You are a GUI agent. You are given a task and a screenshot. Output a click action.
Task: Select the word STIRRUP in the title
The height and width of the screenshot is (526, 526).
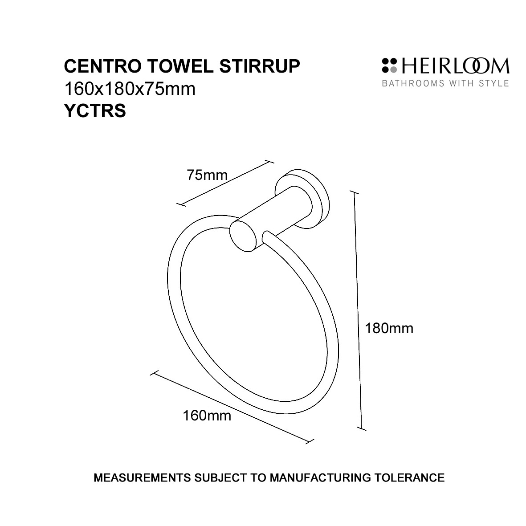point(260,66)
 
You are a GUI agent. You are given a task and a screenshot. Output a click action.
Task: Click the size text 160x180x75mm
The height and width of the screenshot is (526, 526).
point(130,89)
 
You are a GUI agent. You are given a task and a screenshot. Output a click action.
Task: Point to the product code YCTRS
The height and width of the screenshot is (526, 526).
point(95,111)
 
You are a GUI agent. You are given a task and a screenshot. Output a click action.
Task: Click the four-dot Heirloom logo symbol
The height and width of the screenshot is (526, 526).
point(389,65)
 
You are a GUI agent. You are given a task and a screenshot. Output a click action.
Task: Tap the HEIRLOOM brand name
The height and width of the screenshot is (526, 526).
point(455,66)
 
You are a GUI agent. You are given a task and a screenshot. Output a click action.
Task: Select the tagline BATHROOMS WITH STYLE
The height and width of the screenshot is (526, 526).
point(445,83)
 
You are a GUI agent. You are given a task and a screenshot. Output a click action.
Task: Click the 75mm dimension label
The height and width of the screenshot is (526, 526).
point(207,175)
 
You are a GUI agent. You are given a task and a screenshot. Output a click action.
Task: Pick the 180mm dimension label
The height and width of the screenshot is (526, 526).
point(389,328)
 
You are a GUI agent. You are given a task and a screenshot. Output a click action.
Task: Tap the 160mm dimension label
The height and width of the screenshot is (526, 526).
point(207,416)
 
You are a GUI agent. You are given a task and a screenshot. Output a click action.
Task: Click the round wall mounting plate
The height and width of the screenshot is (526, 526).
point(302,199)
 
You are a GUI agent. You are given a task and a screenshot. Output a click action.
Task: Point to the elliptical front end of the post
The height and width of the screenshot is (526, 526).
point(243,235)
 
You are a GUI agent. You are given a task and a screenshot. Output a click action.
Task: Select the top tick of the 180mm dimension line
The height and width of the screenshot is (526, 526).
point(354,192)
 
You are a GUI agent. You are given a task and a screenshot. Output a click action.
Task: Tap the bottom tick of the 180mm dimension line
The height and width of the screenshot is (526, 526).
point(361,429)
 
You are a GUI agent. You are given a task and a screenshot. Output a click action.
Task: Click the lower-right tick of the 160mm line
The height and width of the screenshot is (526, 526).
point(310,441)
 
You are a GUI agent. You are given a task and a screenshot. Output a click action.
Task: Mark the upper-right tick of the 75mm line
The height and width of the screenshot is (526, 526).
point(269,162)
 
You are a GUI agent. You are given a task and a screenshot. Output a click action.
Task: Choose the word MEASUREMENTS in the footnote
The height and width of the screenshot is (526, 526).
point(143,477)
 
